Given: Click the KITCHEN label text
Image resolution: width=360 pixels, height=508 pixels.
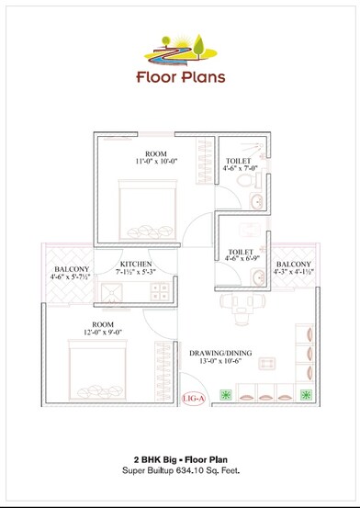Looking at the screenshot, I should (138, 269).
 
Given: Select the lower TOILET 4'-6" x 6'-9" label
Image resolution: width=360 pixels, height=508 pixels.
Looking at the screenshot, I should (240, 255).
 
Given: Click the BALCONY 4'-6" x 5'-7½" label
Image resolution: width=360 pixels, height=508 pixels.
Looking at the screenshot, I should (71, 273).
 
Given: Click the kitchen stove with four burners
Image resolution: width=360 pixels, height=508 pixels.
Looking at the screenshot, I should (162, 291).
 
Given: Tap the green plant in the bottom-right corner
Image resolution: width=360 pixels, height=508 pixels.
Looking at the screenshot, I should (306, 396).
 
